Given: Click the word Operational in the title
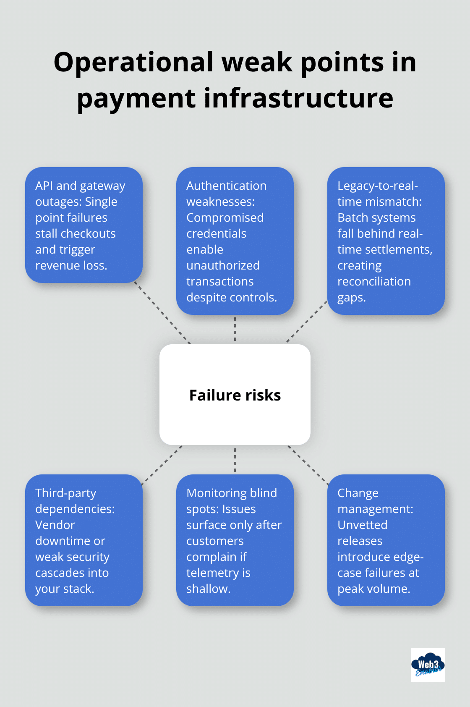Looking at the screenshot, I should [x=133, y=62].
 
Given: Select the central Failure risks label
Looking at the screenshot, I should [x=235, y=395].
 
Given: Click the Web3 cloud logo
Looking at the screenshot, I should [x=428, y=665].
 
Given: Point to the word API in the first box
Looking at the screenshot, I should [x=44, y=186].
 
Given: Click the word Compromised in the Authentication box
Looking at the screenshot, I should [x=225, y=217].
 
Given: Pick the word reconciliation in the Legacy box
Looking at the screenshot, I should [x=374, y=281].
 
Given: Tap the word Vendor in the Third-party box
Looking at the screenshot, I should [x=55, y=525].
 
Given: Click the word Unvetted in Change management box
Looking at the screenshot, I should [x=362, y=525].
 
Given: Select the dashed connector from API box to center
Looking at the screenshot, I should [x=162, y=313].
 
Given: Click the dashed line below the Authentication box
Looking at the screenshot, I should [x=235, y=329].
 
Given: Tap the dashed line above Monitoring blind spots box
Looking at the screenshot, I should [x=235, y=460].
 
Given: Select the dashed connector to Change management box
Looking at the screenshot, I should [x=308, y=465].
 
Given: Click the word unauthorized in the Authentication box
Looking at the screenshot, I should [x=223, y=265].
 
